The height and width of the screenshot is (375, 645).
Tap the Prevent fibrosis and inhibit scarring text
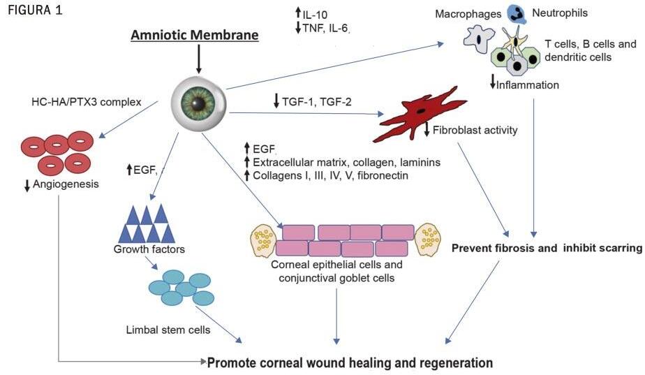(547, 248)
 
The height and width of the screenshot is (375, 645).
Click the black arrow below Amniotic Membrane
(199, 59)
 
